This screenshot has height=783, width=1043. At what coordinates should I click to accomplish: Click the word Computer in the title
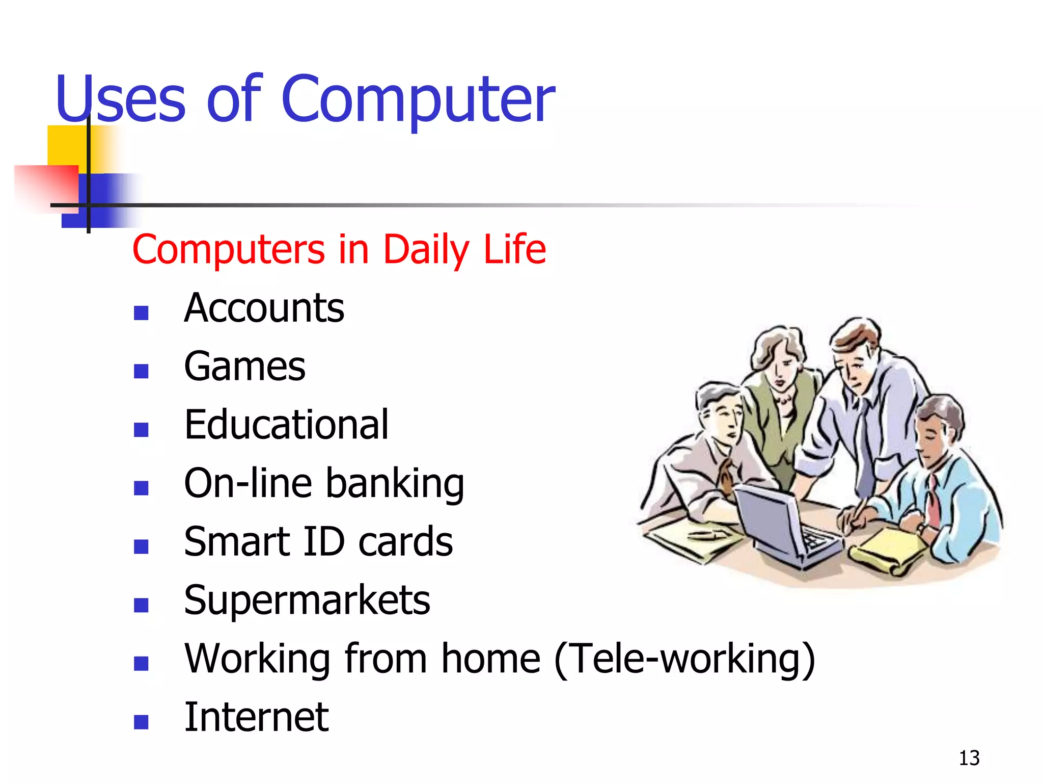click(x=418, y=99)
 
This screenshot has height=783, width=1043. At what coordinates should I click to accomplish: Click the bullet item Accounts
click(x=264, y=308)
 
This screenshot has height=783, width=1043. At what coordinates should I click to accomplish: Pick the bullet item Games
click(x=244, y=367)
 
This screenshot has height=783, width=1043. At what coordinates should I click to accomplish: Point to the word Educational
click(x=286, y=425)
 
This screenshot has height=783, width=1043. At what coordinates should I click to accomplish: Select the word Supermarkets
click(x=307, y=601)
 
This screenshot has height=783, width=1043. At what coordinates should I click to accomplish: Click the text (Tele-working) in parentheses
click(x=684, y=659)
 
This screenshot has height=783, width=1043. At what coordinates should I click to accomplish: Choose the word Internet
click(x=256, y=717)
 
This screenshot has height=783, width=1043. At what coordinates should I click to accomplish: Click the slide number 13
click(x=969, y=758)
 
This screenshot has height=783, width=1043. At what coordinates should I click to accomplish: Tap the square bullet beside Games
click(x=141, y=371)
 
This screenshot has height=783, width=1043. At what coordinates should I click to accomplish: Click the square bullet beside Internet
click(x=141, y=721)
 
